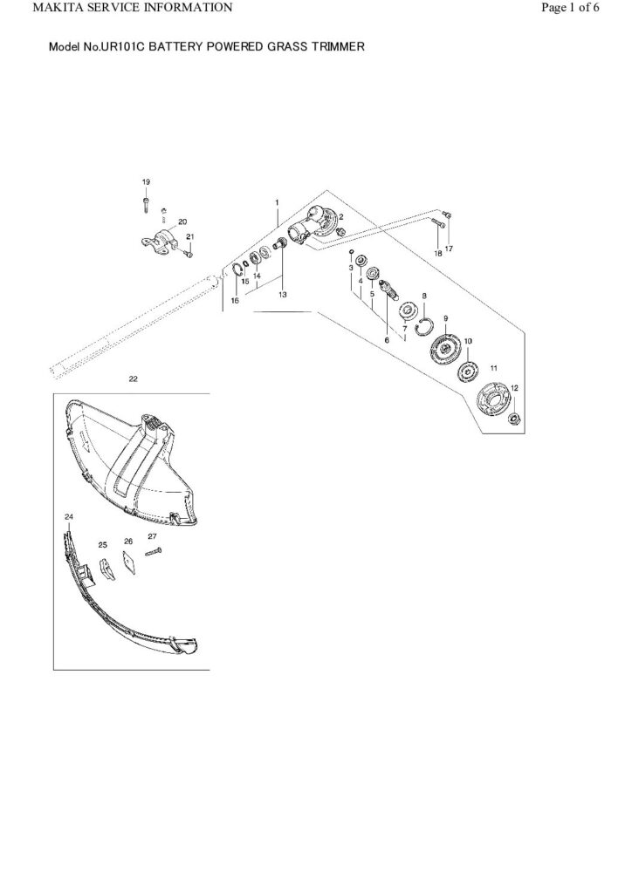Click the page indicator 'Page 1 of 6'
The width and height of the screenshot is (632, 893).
click(570, 7)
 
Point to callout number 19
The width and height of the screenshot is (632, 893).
click(146, 181)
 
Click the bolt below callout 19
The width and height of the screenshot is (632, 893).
click(146, 204)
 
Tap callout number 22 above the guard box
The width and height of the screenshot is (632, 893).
click(134, 378)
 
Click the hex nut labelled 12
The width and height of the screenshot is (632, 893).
click(513, 419)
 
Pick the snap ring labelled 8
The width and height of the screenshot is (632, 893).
click(424, 327)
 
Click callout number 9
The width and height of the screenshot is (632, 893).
click(446, 317)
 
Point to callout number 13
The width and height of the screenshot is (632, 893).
click(283, 295)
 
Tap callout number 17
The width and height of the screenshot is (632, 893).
click(449, 249)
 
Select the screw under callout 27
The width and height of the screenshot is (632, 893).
click(154, 551)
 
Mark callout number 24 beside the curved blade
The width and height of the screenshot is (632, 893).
click(69, 516)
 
